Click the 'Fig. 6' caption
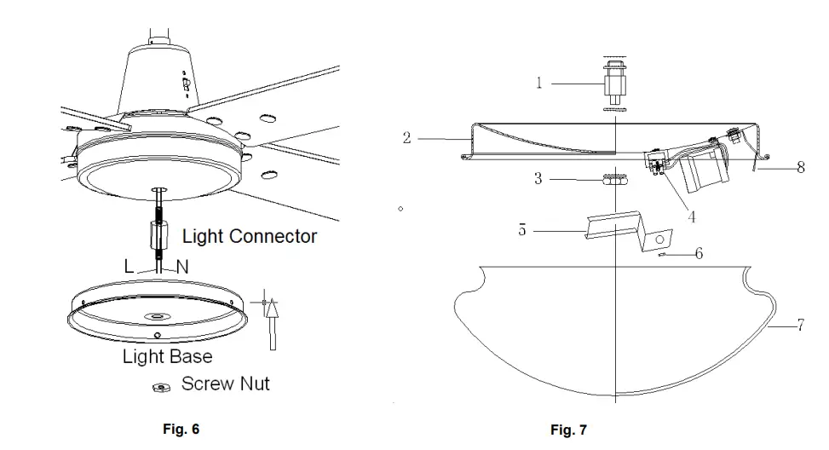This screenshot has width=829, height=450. (x=181, y=430)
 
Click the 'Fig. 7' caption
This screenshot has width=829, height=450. (x=568, y=430)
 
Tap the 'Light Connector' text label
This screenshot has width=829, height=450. (x=250, y=236)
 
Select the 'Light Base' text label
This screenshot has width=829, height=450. (x=167, y=356)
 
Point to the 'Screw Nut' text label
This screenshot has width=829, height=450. (x=225, y=384)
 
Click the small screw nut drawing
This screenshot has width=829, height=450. (x=158, y=388)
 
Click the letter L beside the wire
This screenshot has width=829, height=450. (x=129, y=267)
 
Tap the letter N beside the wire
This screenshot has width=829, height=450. (x=181, y=267)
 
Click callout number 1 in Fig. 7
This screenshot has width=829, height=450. (x=538, y=83)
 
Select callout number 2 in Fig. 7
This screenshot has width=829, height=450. (x=407, y=136)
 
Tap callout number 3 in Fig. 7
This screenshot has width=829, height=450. (x=538, y=180)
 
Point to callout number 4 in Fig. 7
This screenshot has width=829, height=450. (x=692, y=217)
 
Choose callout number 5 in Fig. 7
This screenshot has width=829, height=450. (x=522, y=229)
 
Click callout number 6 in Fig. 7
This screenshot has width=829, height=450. (x=699, y=254)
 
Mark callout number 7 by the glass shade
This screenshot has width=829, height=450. (x=800, y=326)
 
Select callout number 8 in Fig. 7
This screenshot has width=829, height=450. (x=800, y=168)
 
